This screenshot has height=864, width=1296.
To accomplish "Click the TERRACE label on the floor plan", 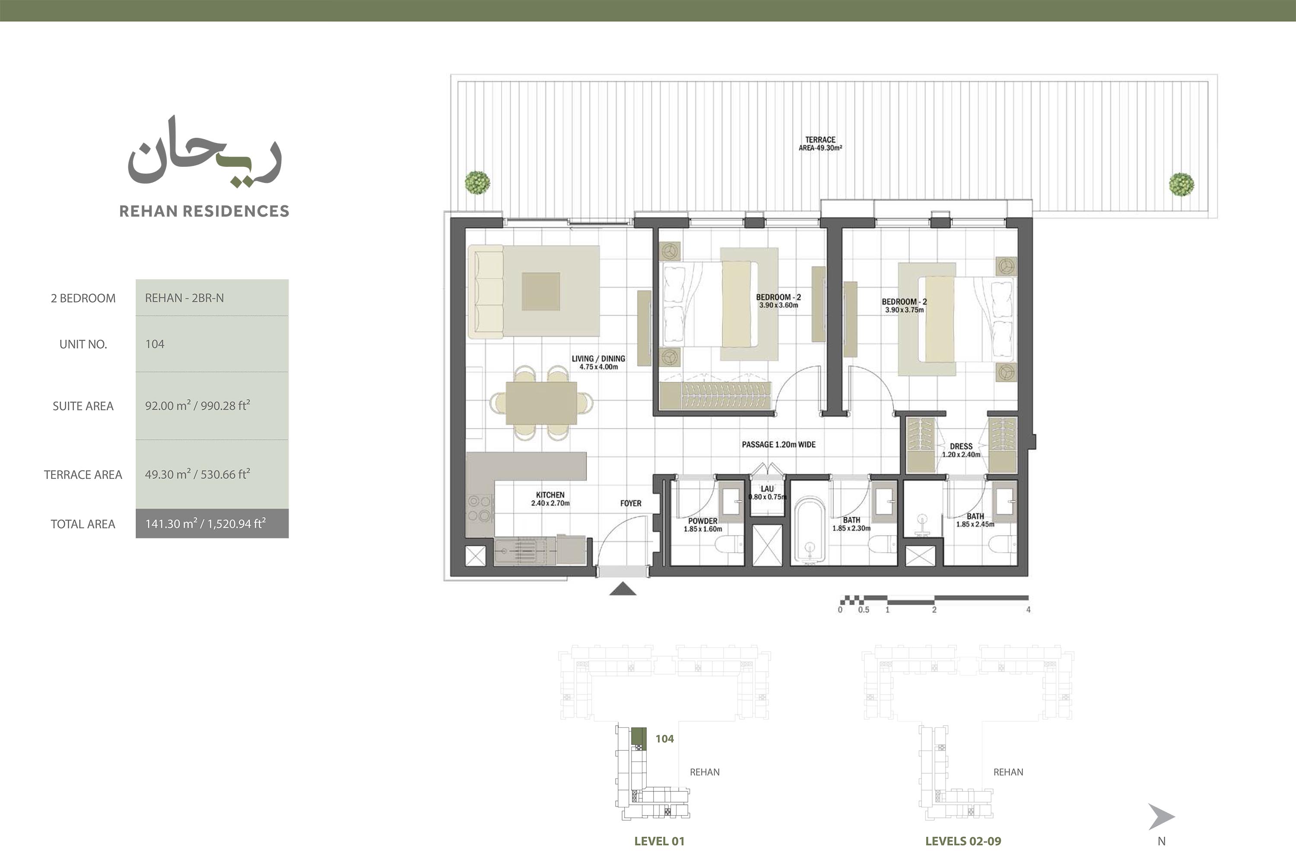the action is click(820, 140).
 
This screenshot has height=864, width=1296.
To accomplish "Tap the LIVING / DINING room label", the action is click(598, 359).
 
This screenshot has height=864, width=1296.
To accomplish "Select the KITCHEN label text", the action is click(550, 495).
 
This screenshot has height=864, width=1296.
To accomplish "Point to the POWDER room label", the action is click(703, 521).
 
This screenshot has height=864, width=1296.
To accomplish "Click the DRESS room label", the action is click(961, 446).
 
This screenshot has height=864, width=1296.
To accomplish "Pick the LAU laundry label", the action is click(767, 489).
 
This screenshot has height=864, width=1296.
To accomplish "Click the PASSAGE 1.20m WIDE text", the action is click(779, 445).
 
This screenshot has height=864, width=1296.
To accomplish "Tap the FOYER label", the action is click(631, 503).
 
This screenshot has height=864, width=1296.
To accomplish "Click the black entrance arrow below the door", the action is click(623, 589).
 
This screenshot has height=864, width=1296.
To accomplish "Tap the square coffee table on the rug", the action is click(541, 291).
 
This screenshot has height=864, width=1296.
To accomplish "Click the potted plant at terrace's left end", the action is click(477, 182).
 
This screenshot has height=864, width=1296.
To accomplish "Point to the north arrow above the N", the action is click(1161, 816).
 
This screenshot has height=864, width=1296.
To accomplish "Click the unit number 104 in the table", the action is click(155, 344).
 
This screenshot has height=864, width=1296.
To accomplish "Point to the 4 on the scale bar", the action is click(1028, 610).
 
